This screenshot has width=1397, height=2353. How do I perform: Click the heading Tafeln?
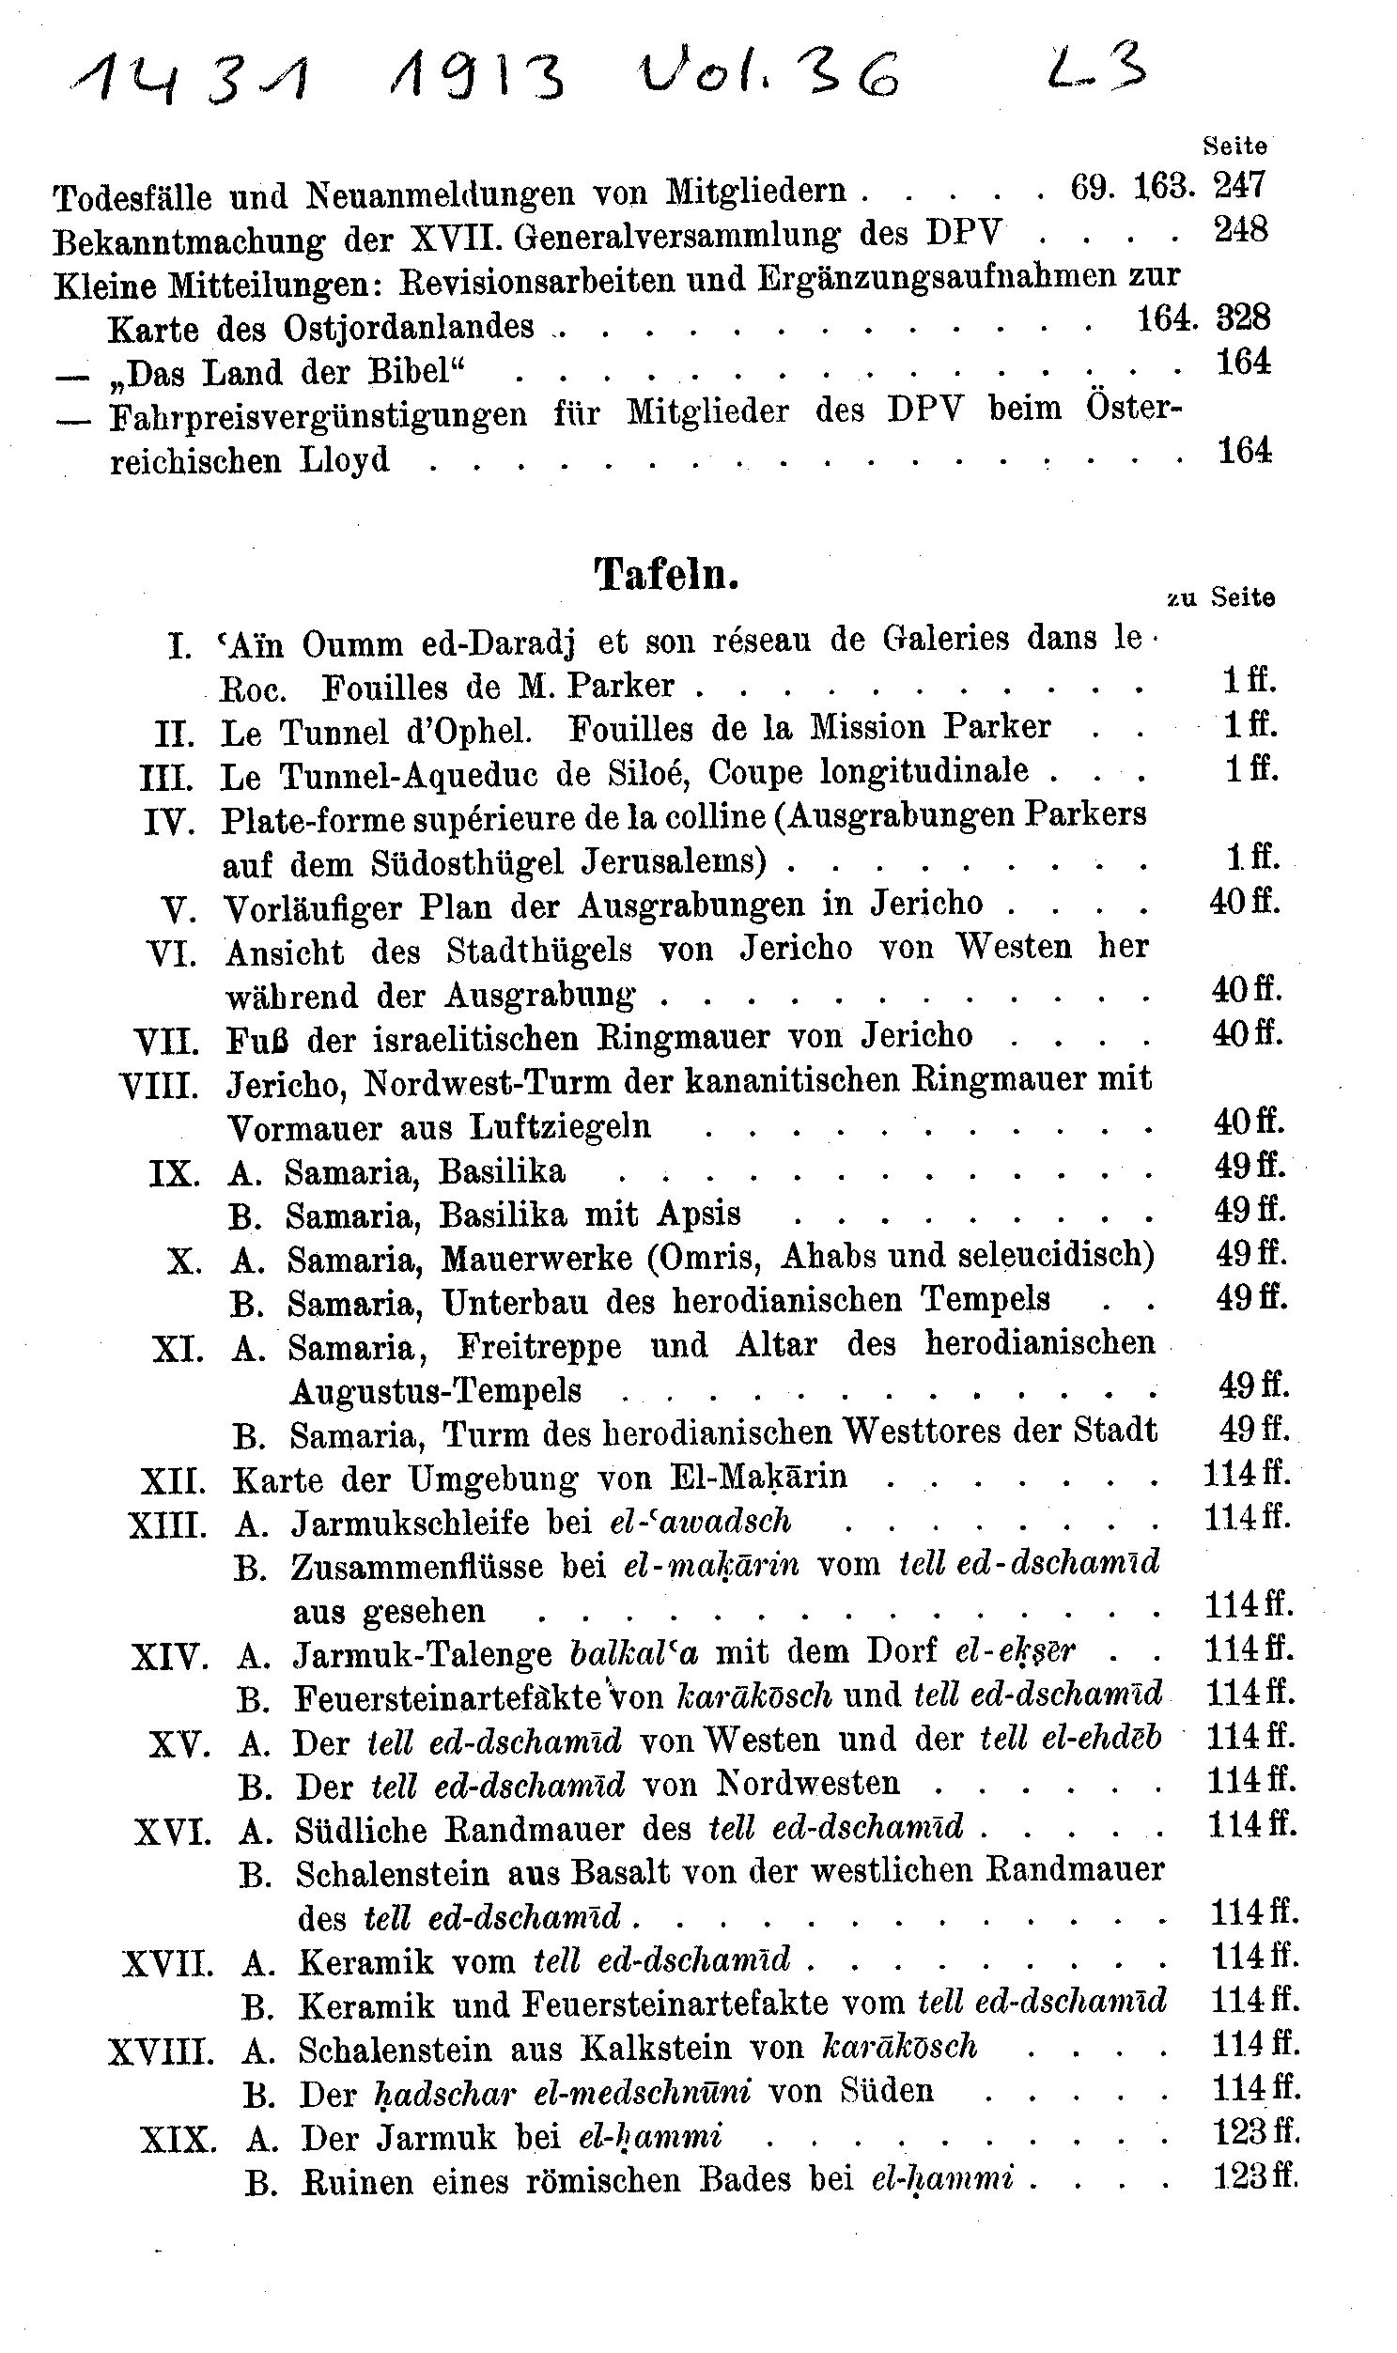point(665,573)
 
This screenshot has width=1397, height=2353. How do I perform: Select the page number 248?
point(1240,228)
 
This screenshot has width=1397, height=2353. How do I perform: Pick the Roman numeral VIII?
point(159,1086)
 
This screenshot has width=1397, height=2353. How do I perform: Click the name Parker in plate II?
point(998,728)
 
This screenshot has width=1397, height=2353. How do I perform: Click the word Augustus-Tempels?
point(436,1390)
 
